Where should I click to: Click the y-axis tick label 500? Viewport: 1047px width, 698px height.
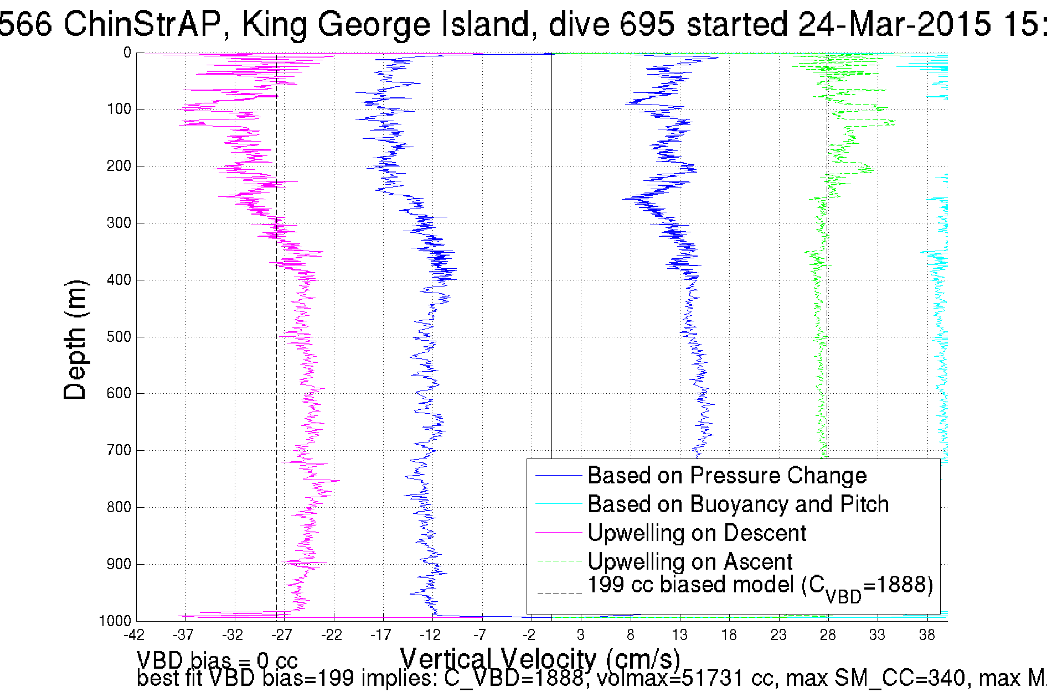(119, 337)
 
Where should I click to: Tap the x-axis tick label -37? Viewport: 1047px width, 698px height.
(184, 635)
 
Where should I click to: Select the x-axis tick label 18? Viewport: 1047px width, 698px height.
(729, 635)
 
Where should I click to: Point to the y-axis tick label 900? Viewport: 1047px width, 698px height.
(119, 564)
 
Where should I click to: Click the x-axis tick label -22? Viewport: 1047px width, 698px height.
(332, 635)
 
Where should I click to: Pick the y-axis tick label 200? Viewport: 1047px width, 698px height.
(119, 166)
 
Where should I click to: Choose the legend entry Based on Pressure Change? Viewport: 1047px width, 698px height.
(726, 476)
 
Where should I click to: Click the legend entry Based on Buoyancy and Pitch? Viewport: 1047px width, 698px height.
(737, 504)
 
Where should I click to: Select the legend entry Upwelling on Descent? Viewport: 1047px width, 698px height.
(697, 533)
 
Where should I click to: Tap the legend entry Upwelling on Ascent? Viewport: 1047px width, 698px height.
(690, 562)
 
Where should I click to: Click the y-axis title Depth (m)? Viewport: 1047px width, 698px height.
(76, 340)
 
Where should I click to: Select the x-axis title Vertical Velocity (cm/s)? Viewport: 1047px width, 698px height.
(540, 659)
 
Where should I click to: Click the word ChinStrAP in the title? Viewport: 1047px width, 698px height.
(142, 24)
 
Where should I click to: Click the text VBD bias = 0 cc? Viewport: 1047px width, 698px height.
(217, 660)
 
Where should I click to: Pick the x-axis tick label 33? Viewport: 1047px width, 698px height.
(877, 635)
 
